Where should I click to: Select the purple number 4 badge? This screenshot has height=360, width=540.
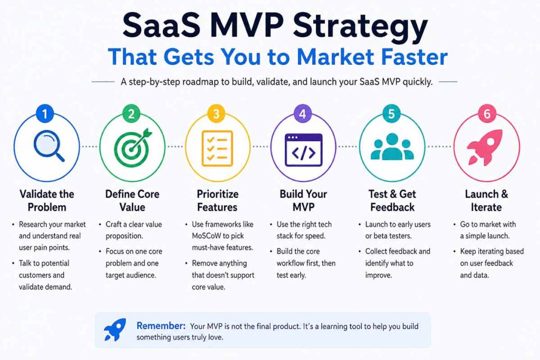[x=302, y=114]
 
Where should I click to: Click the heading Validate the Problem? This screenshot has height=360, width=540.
[x=46, y=200]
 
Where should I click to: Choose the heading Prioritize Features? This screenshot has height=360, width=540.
[x=217, y=200]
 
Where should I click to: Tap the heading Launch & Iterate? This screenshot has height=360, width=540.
[x=486, y=200]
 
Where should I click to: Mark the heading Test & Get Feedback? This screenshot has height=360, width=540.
[x=392, y=200]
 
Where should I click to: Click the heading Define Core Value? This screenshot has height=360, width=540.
[x=132, y=200]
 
